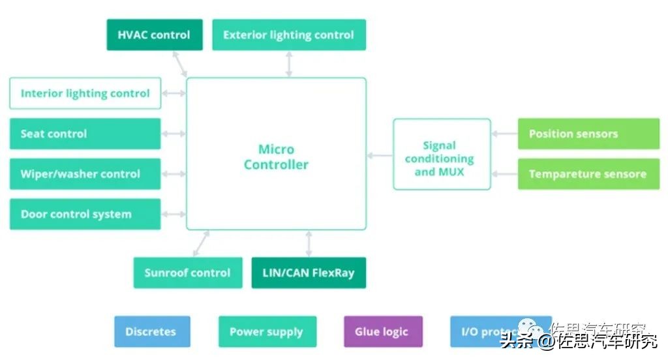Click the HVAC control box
pyautogui.click(x=155, y=35)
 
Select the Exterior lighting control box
pyautogui.click(x=289, y=35)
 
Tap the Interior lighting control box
pyautogui.click(x=85, y=93)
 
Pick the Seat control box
pyautogui.click(x=85, y=134)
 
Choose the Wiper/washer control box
pyautogui.click(x=85, y=174)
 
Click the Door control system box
pyautogui.click(x=85, y=215)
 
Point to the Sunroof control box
pyautogui.click(x=187, y=273)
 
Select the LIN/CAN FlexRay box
pyautogui.click(x=309, y=273)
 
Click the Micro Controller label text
pyautogui.click(x=276, y=157)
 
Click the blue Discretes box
pyautogui.click(x=152, y=331)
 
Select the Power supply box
pyautogui.click(x=267, y=331)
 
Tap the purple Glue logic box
pyautogui.click(x=383, y=331)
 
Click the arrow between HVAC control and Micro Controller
pyautogui.click(x=181, y=64)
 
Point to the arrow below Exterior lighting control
pyautogui.click(x=289, y=64)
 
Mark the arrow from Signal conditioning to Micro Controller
pyautogui.click(x=380, y=155)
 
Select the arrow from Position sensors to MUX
pyautogui.click(x=504, y=134)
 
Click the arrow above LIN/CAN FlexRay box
pyautogui.click(x=309, y=243)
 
